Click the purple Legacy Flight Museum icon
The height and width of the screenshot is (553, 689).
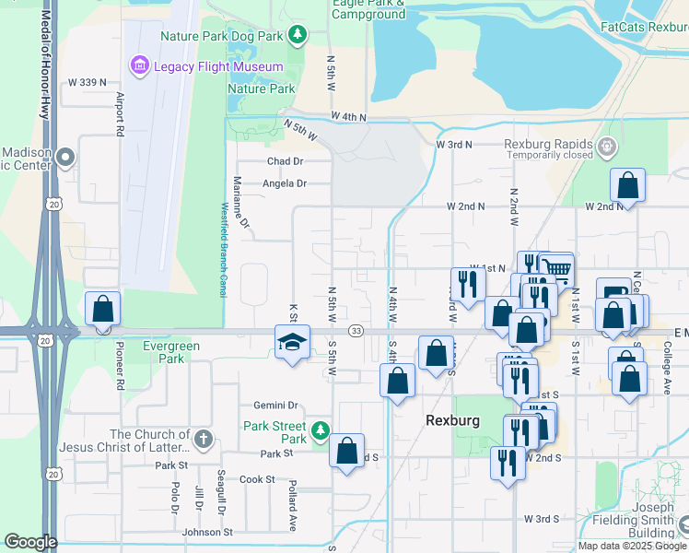click(x=139, y=65)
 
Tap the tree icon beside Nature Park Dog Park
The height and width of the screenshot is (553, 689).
click(x=297, y=36)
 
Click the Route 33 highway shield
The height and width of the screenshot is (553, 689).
click(x=355, y=330)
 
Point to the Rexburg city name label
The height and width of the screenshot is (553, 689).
click(x=452, y=420)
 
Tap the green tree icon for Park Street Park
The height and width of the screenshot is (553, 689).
click(x=320, y=430)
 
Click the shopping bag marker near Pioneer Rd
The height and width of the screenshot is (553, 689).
click(x=102, y=309)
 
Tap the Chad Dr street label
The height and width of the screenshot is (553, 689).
click(x=285, y=160)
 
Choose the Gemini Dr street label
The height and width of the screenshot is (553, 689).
click(x=276, y=405)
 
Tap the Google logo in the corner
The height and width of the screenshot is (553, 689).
click(x=30, y=542)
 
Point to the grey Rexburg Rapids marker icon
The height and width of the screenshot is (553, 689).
click(x=606, y=146)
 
